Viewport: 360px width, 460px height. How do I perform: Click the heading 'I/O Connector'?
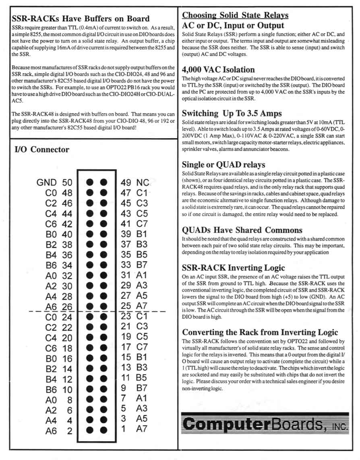[42, 150]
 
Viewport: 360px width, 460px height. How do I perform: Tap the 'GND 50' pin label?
[54, 182]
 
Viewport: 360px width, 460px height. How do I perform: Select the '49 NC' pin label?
[136, 182]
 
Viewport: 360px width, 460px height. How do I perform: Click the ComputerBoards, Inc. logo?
[265, 424]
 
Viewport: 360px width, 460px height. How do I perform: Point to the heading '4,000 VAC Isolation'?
[218, 70]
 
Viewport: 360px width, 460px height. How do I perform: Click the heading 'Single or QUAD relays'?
[223, 165]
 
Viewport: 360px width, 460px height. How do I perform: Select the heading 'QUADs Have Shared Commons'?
[242, 230]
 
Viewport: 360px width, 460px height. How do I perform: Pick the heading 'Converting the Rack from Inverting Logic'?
[260, 332]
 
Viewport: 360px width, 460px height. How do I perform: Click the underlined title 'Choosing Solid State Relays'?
[235, 15]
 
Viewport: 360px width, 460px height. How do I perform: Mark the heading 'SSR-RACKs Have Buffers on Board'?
[81, 19]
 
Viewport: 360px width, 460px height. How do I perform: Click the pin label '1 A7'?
[134, 429]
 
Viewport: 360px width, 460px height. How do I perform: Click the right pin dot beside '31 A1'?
[104, 276]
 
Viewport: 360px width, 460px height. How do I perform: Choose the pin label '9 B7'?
[134, 388]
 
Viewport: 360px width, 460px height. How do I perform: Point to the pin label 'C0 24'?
[59, 317]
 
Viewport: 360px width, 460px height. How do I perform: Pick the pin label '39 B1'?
[134, 234]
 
